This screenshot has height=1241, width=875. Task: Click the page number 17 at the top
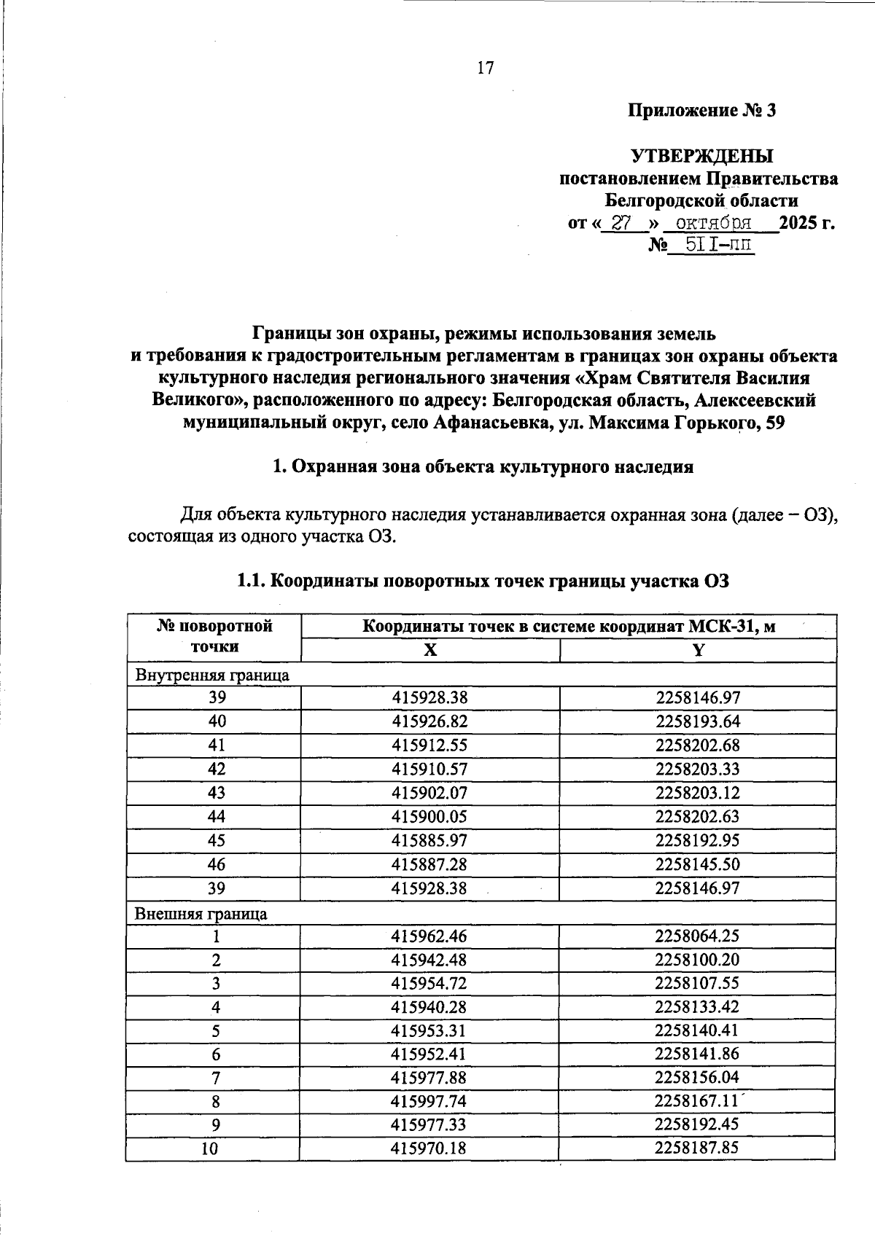(486, 68)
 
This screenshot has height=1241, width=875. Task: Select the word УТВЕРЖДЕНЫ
(701, 157)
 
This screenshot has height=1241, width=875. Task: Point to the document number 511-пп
(712, 246)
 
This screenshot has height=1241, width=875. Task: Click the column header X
(430, 651)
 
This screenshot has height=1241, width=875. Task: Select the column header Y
(698, 651)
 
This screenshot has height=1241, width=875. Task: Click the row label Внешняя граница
(201, 914)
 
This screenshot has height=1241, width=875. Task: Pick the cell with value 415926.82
(429, 721)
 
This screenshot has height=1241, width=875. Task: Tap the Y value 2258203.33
(697, 769)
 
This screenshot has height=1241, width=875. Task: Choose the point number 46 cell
(217, 864)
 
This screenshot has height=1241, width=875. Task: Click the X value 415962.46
(429, 936)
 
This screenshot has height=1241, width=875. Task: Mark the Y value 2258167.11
(697, 1103)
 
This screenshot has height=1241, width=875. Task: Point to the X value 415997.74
(429, 1103)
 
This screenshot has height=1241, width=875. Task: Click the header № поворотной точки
(214, 636)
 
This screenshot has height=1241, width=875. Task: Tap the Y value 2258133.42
(697, 1007)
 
